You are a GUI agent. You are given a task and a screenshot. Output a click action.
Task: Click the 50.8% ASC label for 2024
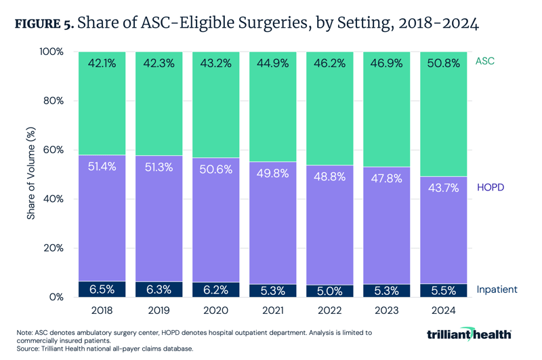pyautogui.click(x=443, y=64)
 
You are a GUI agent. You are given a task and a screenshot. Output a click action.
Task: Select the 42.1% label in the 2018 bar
pyautogui.click(x=102, y=64)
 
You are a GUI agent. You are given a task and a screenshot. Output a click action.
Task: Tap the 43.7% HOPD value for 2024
pyautogui.click(x=443, y=188)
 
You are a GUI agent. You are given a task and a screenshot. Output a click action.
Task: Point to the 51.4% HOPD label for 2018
pyautogui.click(x=102, y=166)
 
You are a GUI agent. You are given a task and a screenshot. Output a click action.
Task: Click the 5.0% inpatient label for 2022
pyautogui.click(x=329, y=291)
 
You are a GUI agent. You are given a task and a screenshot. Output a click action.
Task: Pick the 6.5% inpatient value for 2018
pyautogui.click(x=102, y=289)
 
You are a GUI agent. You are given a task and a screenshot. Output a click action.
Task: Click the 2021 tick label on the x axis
pyautogui.click(x=272, y=311)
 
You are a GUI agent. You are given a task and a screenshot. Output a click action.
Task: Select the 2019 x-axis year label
pyautogui.click(x=159, y=311)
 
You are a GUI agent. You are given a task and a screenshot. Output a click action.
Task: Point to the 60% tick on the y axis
pyautogui.click(x=54, y=150)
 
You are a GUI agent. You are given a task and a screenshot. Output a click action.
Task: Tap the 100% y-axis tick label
pyautogui.click(x=51, y=52)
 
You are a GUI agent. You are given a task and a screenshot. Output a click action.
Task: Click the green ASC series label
pyautogui.click(x=485, y=61)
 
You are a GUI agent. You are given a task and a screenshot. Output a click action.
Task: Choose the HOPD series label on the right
pyautogui.click(x=491, y=187)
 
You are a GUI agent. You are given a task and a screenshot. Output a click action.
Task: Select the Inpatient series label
pyautogui.click(x=497, y=289)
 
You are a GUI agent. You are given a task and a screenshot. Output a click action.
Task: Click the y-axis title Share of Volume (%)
pyautogui.click(x=31, y=174)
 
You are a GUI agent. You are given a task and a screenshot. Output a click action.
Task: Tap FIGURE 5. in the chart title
pyautogui.click(x=43, y=25)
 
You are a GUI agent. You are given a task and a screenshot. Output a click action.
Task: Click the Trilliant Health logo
pyautogui.click(x=469, y=335)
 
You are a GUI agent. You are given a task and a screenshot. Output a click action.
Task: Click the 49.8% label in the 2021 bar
pyautogui.click(x=272, y=174)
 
